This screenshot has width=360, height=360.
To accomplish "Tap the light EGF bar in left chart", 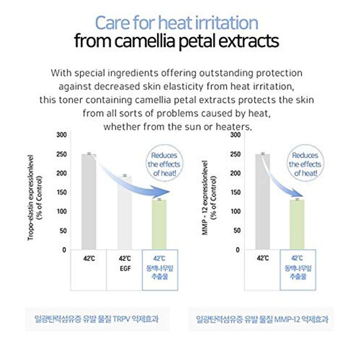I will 125,212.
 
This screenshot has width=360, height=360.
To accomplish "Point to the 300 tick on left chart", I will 62,135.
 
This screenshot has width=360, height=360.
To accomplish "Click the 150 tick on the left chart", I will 62,193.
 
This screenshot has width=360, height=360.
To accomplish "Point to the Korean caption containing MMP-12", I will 262,320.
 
